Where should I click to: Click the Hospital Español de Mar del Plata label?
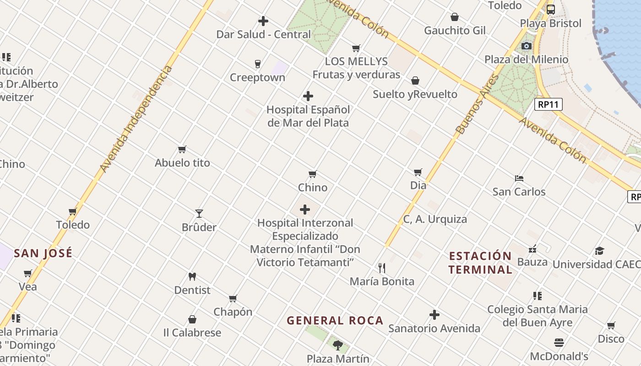(308, 116)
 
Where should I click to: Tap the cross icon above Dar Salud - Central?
(263, 21)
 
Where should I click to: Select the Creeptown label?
(257, 77)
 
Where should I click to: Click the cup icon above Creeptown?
(258, 64)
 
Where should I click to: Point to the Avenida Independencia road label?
(136, 119)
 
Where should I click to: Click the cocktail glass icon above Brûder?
(199, 214)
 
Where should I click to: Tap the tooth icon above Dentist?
(192, 277)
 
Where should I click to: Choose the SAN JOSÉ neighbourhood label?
(43, 253)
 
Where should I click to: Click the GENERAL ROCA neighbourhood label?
(335, 321)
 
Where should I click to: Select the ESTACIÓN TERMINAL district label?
(480, 263)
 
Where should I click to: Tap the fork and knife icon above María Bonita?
(382, 268)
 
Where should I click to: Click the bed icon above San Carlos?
(519, 178)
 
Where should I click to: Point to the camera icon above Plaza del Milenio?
(527, 46)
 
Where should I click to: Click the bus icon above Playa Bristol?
(550, 10)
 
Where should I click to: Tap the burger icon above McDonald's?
(559, 343)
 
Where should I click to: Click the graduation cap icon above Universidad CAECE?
(599, 251)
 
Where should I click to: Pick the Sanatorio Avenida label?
(434, 328)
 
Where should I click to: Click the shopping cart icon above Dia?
(418, 172)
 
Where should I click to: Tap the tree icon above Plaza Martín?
(338, 345)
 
